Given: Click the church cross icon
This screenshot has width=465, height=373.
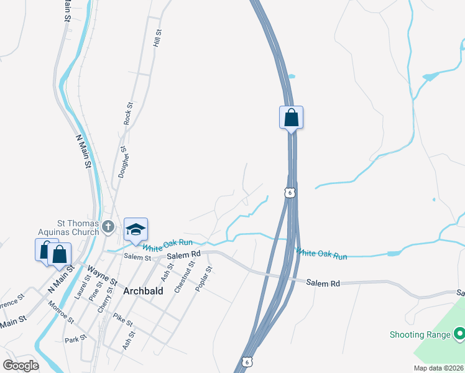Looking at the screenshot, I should (108, 226).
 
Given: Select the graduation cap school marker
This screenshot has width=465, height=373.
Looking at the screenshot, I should (136, 229).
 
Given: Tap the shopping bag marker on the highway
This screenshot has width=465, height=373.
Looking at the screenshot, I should (291, 117).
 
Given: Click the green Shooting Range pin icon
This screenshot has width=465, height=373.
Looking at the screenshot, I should (459, 334).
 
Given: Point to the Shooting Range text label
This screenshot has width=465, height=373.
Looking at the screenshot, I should (420, 334).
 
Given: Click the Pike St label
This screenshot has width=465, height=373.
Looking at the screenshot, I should (123, 321).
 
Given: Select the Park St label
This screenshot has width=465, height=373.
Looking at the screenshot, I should (75, 340).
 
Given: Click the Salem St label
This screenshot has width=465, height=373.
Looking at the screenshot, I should (137, 257).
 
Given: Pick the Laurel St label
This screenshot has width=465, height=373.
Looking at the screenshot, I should (82, 287).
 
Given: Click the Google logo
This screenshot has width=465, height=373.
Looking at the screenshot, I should (21, 366).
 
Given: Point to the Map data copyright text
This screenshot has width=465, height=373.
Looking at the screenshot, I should (438, 368).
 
